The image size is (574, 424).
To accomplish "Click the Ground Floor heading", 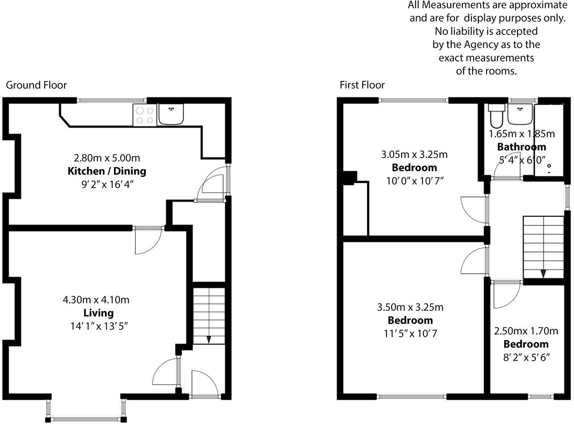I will (36, 85).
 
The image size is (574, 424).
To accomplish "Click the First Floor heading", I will (362, 85).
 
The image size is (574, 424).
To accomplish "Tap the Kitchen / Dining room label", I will (107, 171).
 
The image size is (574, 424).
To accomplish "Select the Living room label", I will (98, 313).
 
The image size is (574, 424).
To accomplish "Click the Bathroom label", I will (521, 147).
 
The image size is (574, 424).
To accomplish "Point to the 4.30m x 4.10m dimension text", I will (96, 300).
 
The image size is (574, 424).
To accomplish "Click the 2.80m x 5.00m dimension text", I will (107, 158).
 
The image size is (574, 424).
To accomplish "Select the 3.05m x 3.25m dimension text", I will (414, 154).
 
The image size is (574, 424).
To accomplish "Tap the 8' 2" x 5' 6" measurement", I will (526, 357).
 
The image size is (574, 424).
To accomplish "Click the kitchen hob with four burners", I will (144, 115).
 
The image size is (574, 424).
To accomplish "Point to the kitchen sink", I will (171, 114).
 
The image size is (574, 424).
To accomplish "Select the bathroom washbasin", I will (520, 114).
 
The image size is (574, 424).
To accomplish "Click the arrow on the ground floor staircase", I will (209, 340).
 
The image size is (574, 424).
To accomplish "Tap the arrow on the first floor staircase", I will (543, 274).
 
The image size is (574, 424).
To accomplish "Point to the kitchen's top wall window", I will (112, 100).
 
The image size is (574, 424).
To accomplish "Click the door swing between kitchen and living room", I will (147, 241).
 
